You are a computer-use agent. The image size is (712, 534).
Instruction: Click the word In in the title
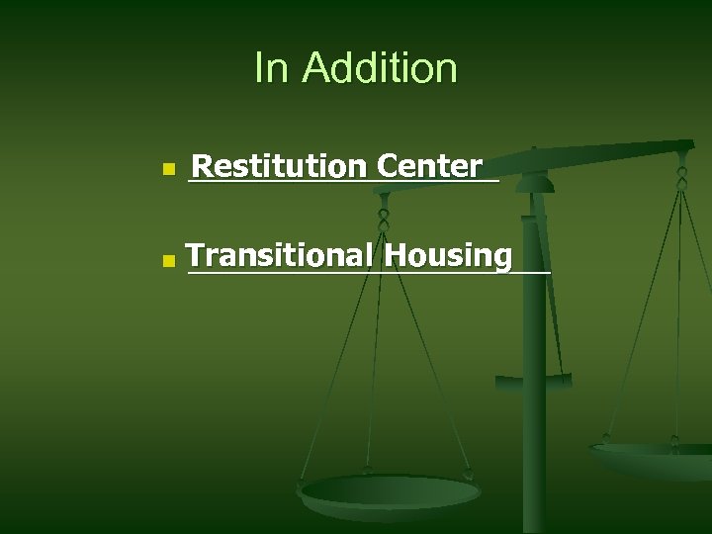point(270,68)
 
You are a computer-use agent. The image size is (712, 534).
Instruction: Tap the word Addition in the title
point(380,68)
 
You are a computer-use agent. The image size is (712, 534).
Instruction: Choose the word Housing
point(450,255)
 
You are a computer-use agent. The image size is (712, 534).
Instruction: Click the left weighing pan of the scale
point(390,491)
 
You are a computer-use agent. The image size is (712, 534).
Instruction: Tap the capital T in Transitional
point(196,255)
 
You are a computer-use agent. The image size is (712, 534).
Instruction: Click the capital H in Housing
point(396,255)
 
